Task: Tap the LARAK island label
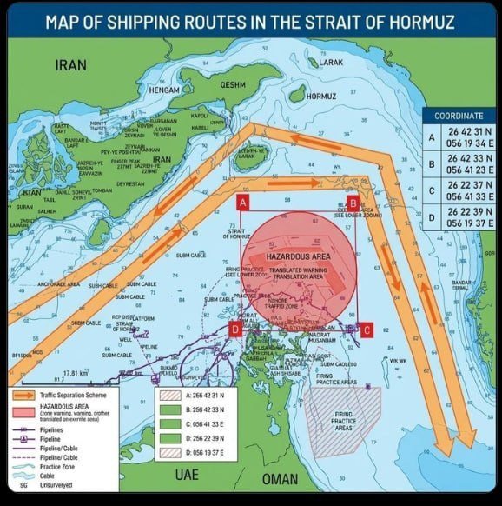coord(331,63)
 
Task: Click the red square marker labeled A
coord(243,203)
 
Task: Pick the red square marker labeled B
coord(352,203)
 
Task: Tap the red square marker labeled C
coord(367,330)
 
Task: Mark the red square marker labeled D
coord(234,330)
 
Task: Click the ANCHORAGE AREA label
coord(58,284)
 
